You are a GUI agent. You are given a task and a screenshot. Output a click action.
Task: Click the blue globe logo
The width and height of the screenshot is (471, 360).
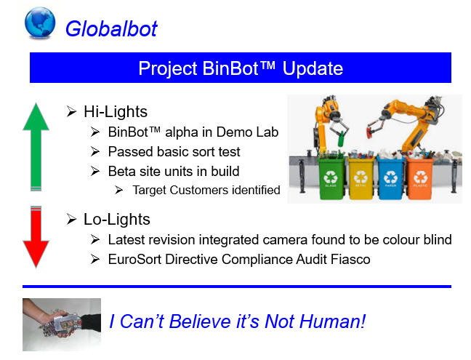(x=40, y=23)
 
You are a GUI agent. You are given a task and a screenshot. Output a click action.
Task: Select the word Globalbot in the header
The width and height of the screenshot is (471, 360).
(x=111, y=29)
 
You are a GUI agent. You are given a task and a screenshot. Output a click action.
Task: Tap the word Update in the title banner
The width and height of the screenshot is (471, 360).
(x=313, y=69)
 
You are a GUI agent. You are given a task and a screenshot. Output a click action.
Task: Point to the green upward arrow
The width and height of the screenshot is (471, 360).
(x=36, y=147)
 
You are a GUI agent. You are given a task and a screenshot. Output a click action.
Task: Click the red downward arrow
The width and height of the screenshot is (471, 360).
(x=36, y=237)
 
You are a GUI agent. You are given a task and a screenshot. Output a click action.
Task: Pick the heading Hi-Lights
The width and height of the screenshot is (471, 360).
(x=116, y=112)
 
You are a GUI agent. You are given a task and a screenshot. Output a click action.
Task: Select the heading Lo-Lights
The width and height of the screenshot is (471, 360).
(x=117, y=220)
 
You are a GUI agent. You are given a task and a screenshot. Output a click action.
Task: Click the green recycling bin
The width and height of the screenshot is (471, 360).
(x=331, y=178)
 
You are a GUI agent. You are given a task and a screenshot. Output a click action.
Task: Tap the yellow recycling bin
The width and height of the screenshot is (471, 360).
(x=361, y=178)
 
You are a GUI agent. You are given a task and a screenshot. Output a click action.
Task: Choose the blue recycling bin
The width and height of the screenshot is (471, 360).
(x=390, y=178)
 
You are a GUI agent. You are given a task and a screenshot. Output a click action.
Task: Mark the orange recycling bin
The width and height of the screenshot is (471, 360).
(x=420, y=178)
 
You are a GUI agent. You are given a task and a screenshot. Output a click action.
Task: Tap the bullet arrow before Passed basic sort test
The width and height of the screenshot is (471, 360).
(x=95, y=152)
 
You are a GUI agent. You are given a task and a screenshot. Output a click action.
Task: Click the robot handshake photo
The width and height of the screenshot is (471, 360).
(x=62, y=324)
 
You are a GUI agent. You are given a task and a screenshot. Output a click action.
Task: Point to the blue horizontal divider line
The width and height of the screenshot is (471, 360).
(x=237, y=287)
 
